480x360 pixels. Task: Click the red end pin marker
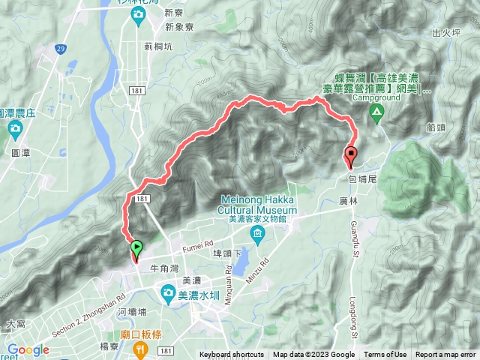(x=349, y=157)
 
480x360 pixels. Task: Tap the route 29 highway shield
(x=59, y=47)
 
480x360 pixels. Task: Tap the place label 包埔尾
(x=362, y=180)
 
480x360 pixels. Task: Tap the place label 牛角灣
(x=164, y=265)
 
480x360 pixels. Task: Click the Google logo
(x=28, y=349)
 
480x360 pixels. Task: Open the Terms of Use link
(x=385, y=355)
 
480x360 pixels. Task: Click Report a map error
(x=445, y=355)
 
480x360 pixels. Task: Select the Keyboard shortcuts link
(x=231, y=355)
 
